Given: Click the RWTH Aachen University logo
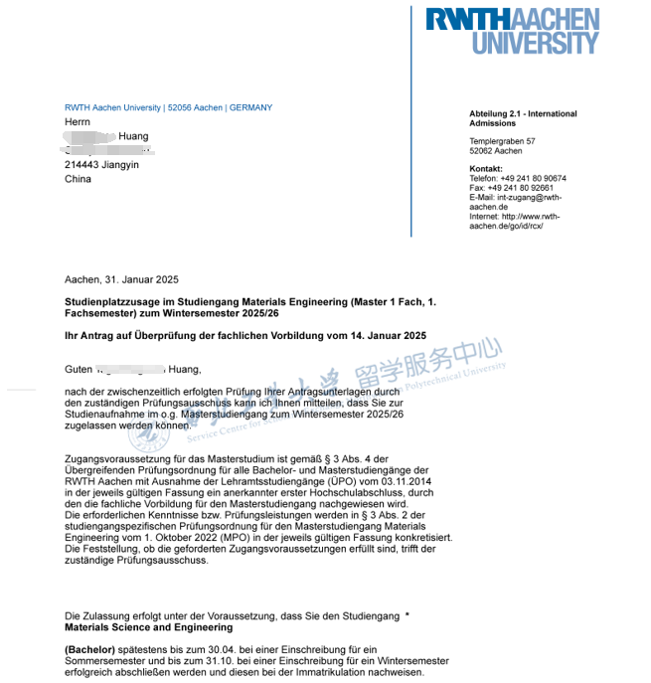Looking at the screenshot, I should click(512, 30).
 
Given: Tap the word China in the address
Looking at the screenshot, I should click(78, 179).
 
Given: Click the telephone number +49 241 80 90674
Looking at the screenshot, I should click(533, 179).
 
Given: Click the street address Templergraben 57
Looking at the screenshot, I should click(502, 141).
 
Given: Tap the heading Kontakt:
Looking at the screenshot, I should click(486, 169).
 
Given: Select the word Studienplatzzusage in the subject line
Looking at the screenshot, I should click(108, 300).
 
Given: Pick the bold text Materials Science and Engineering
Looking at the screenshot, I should click(148, 628).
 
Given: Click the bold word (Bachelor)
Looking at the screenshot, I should click(89, 649).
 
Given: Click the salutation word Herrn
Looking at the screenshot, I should click(78, 121).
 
